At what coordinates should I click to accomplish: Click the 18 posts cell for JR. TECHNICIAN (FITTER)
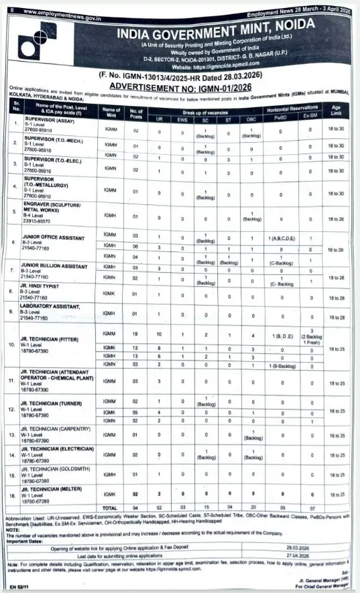click(135, 333)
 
